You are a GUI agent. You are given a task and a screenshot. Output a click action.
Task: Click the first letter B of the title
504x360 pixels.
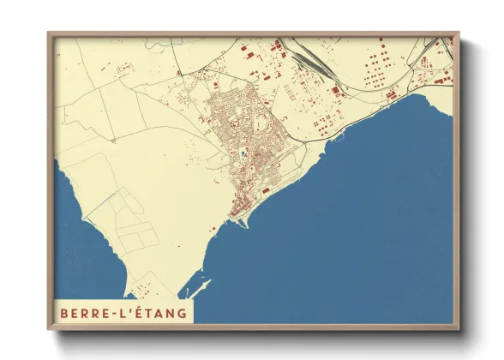tap(63, 313)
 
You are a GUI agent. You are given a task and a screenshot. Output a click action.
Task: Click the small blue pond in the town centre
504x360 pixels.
tap(242, 155)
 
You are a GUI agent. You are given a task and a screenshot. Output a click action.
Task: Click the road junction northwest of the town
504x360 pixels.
tap(177, 75)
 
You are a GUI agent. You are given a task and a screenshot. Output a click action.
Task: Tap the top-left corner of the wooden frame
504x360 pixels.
tap(50, 35)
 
